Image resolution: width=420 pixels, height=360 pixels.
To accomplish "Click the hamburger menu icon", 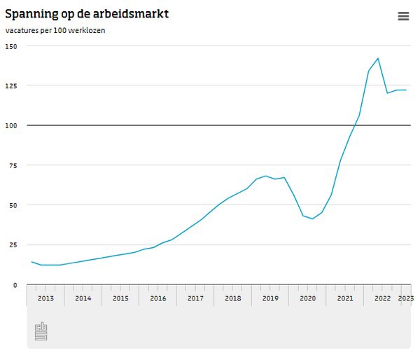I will point(403,16).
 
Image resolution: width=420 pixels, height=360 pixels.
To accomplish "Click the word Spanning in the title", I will point(31,14).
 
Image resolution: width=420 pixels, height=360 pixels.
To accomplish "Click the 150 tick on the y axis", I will point(10,46).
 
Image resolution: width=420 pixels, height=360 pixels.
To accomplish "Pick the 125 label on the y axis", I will point(10,86).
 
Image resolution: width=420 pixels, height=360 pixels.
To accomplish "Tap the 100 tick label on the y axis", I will point(10,126).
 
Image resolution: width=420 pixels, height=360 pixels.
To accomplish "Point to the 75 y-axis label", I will point(13,166).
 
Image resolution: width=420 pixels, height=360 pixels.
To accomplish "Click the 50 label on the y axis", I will point(13,205).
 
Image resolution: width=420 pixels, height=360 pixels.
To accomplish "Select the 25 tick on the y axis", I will point(13,245).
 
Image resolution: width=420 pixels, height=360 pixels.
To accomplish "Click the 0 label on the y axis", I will point(15,285).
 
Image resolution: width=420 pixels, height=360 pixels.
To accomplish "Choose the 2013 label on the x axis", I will point(45,298).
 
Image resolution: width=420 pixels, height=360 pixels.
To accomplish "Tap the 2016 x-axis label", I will point(158,298).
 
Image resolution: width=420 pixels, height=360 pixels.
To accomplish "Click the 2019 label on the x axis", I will point(270,298).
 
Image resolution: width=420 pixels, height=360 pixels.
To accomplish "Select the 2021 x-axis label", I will point(345,298).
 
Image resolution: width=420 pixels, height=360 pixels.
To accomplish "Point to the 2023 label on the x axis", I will point(406,298).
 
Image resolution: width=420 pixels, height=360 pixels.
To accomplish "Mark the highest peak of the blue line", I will point(378,58).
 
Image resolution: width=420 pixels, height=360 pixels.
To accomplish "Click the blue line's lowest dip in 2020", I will point(312,219).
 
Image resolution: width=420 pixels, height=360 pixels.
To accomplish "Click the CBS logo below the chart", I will point(41,331).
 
